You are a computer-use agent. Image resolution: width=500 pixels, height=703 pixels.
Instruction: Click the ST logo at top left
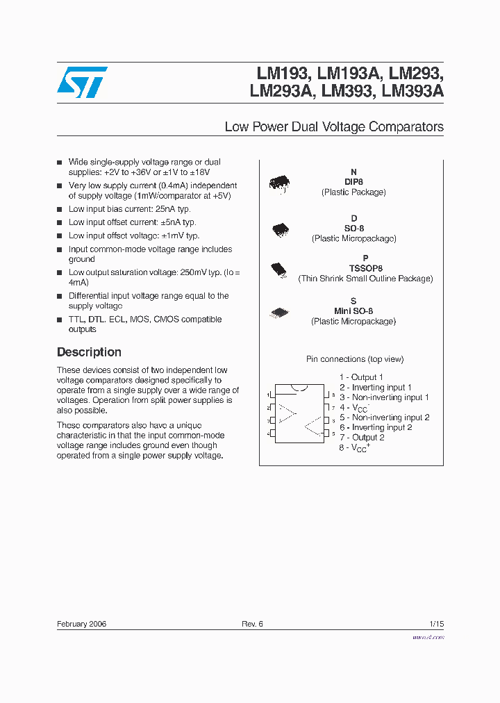click(82, 82)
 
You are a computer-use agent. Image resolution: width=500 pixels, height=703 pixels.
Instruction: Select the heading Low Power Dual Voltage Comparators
click(334, 127)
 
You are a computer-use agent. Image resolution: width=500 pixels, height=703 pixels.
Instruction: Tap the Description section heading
click(89, 352)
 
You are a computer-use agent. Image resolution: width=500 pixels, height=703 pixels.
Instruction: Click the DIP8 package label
click(353, 182)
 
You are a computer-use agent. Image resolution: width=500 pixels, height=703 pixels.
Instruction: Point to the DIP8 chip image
click(280, 183)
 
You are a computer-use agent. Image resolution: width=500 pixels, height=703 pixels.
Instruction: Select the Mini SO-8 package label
click(353, 311)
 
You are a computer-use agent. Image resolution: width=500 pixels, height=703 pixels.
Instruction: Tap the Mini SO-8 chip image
click(279, 313)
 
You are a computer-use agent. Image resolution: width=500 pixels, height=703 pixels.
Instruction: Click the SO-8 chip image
click(281, 229)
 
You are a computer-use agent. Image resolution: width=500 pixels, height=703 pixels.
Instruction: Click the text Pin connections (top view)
click(355, 359)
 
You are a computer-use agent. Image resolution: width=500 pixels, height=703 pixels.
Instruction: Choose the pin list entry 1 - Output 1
click(361, 377)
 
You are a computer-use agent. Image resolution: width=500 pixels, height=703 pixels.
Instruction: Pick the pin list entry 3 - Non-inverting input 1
click(384, 397)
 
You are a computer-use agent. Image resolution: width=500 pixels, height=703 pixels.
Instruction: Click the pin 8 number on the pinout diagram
click(333, 395)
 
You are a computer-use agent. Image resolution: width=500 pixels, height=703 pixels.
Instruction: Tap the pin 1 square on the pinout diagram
click(273, 395)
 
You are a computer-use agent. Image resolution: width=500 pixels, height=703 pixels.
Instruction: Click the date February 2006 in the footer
click(81, 624)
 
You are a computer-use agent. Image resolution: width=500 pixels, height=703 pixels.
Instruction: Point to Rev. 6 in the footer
click(252, 624)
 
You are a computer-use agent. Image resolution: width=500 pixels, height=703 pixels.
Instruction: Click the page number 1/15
click(436, 624)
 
